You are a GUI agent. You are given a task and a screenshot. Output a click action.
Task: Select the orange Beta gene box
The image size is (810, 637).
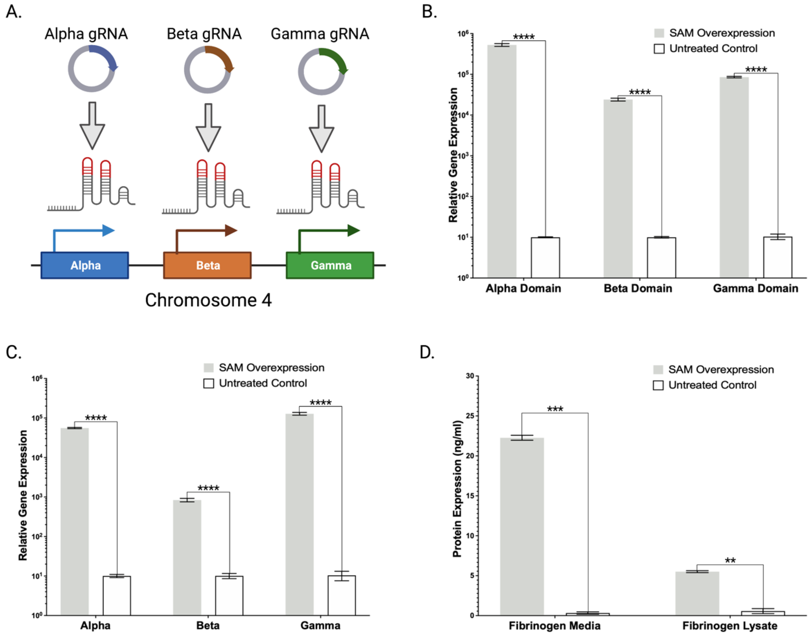[x=207, y=265]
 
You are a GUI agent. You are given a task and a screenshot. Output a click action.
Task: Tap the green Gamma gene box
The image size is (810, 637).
[x=330, y=265]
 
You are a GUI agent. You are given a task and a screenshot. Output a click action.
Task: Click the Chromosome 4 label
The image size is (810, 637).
[x=208, y=300]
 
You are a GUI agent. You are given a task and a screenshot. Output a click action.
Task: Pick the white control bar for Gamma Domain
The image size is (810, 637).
[x=778, y=257]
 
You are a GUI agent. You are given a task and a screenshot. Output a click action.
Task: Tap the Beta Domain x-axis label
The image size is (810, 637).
[x=638, y=288]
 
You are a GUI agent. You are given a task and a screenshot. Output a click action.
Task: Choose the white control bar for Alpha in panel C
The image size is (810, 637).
[x=117, y=596]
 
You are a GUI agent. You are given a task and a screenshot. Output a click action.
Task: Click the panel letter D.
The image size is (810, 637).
[x=427, y=352]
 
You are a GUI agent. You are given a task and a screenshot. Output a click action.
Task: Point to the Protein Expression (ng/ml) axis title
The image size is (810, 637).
[x=457, y=489]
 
